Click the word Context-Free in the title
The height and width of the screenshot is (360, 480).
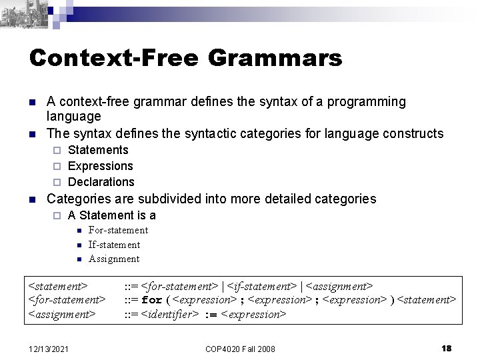pyautogui.click(x=114, y=58)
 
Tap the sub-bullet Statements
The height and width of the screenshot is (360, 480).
pyautogui.click(x=99, y=150)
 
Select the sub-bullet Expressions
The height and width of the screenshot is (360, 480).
pyautogui.click(x=101, y=166)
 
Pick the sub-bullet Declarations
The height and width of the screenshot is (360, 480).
pyautogui.click(x=101, y=182)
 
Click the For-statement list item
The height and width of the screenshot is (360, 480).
pyautogui.click(x=118, y=230)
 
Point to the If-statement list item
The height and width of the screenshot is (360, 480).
pyautogui.click(x=114, y=245)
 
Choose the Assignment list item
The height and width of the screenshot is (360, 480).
pyautogui.click(x=114, y=259)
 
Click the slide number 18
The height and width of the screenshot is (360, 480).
pyautogui.click(x=447, y=348)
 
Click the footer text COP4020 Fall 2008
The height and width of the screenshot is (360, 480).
pyautogui.click(x=239, y=349)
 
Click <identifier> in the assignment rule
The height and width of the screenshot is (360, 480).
pyautogui.click(x=171, y=313)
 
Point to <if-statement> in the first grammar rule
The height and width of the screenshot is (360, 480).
pyautogui.click(x=263, y=286)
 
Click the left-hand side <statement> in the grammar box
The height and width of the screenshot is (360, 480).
pyautogui.click(x=57, y=286)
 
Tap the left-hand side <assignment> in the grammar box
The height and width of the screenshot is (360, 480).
pyautogui.click(x=61, y=313)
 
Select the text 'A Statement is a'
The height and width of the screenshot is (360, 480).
pyautogui.click(x=112, y=215)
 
